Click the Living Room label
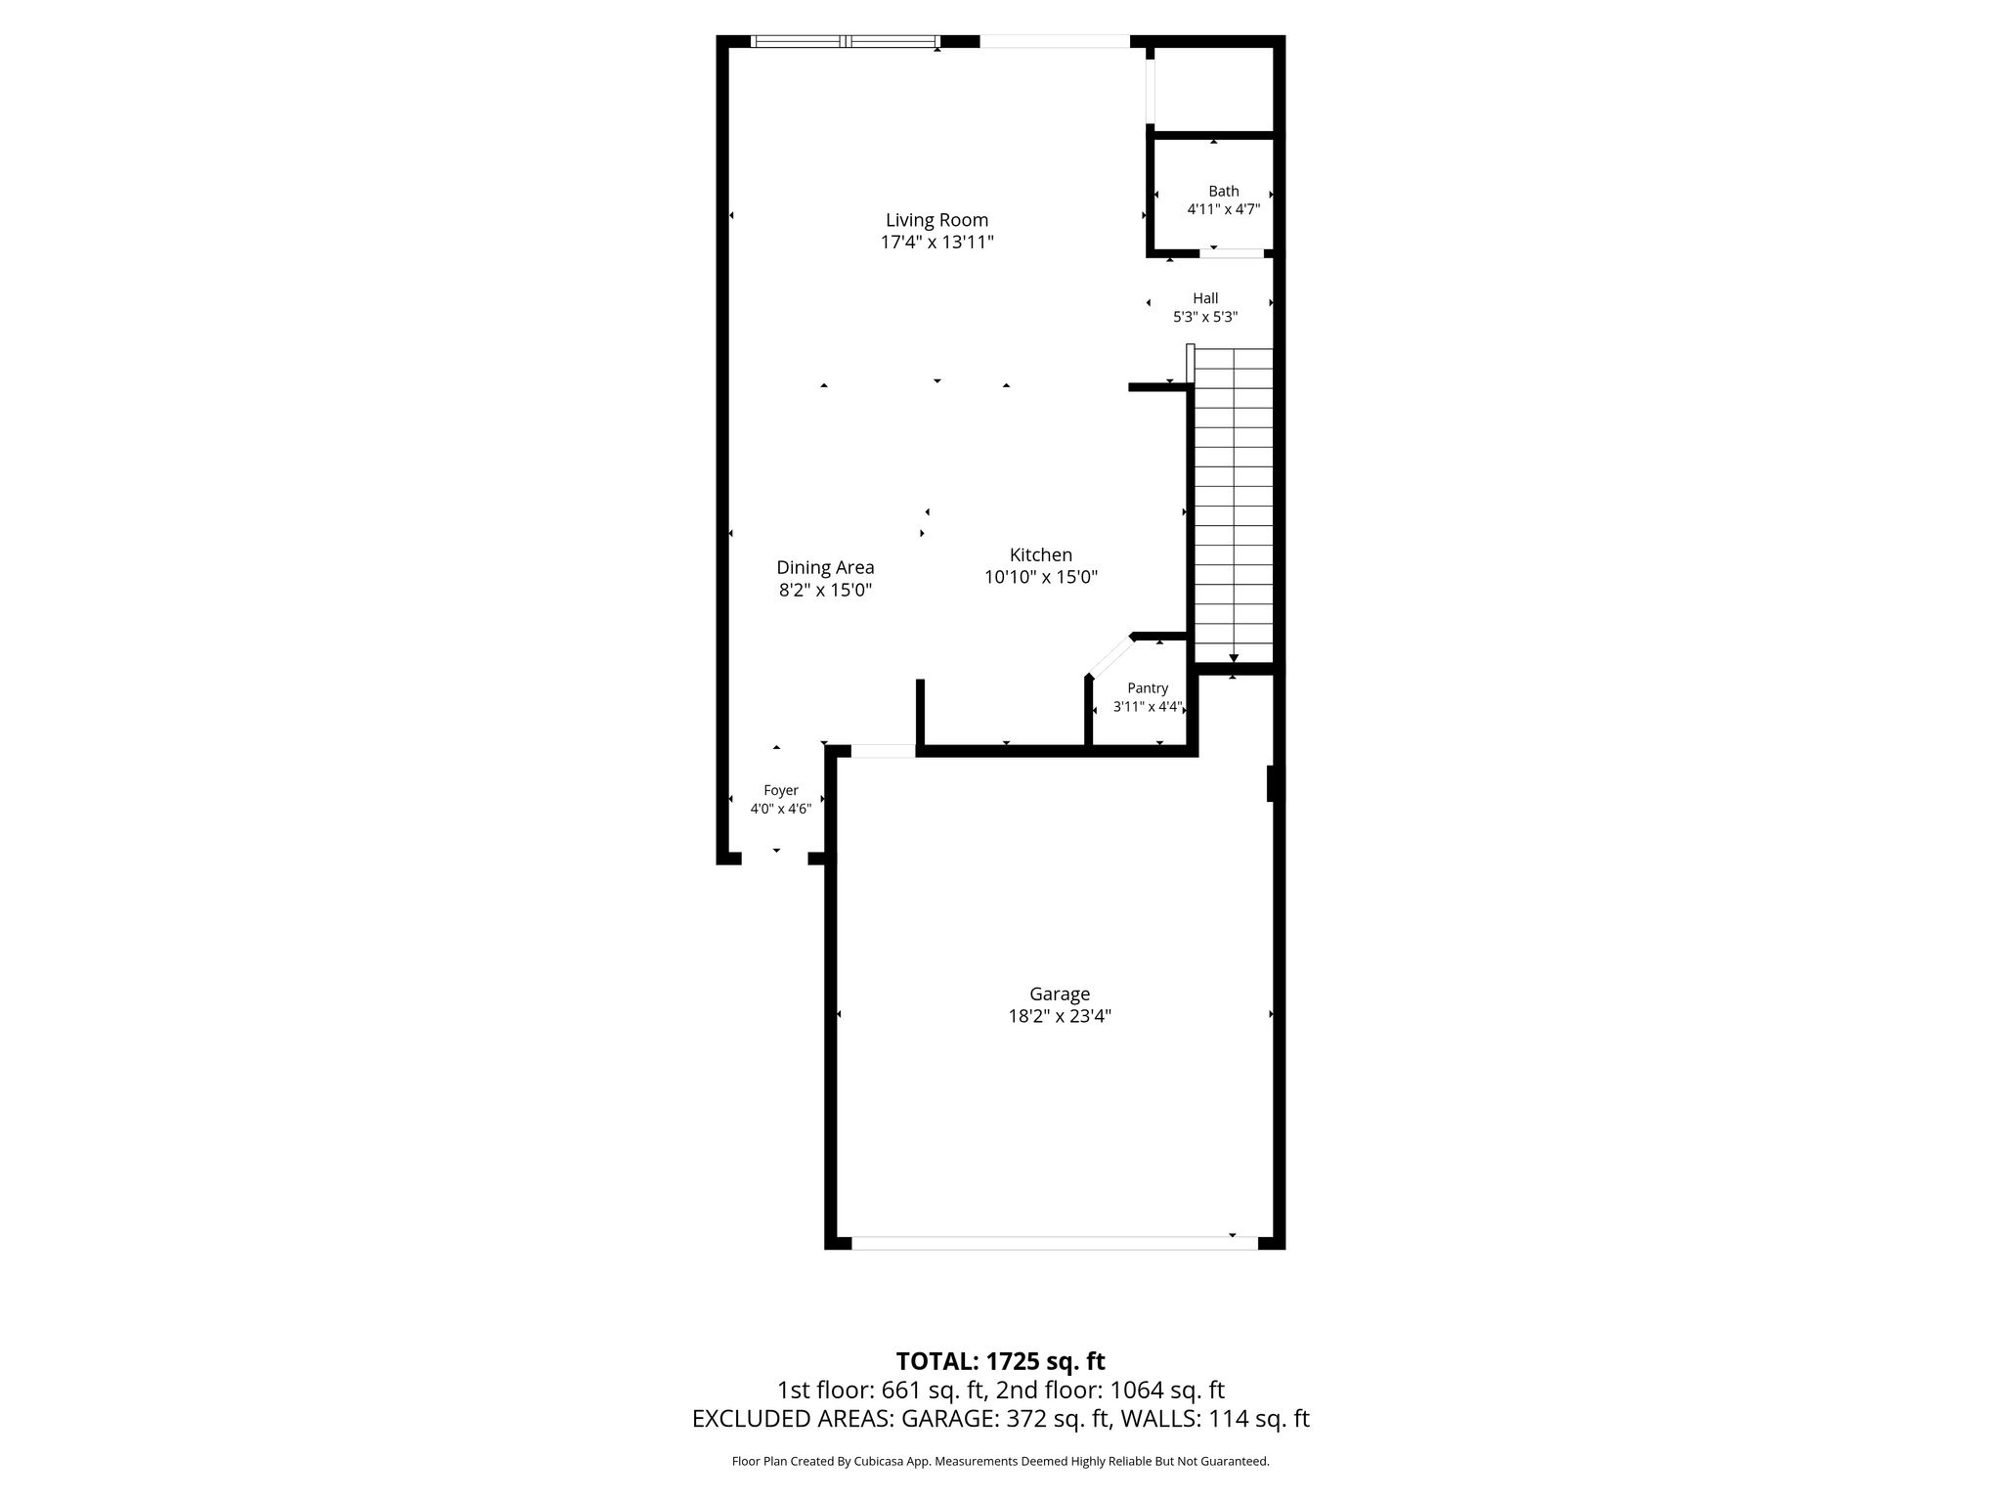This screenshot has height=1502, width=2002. pyautogui.click(x=936, y=220)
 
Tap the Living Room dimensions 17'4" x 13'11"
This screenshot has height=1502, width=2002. pyautogui.click(x=936, y=243)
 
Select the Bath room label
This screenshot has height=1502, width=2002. pyautogui.click(x=1223, y=192)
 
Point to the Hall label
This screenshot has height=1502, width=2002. pyautogui.click(x=1205, y=298)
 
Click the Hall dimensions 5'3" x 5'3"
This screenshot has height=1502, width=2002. pyautogui.click(x=1205, y=317)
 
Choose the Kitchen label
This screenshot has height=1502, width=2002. pyautogui.click(x=1041, y=555)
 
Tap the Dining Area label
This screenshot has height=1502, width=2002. pyautogui.click(x=825, y=567)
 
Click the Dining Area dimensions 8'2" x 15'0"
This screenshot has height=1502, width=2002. pyautogui.click(x=825, y=591)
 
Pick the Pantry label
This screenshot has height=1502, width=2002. pyautogui.click(x=1148, y=688)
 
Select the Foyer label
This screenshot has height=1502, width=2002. pyautogui.click(x=781, y=790)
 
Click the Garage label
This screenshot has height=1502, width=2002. pyautogui.click(x=1060, y=994)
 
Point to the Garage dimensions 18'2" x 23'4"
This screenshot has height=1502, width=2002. pyautogui.click(x=1060, y=1016)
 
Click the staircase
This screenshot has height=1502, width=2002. pyautogui.click(x=1234, y=506)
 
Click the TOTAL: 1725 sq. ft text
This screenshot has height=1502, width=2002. pyautogui.click(x=1000, y=1361)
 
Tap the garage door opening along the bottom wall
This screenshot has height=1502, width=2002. pyautogui.click(x=1055, y=1243)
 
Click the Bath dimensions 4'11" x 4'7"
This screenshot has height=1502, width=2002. pyautogui.click(x=1223, y=209)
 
